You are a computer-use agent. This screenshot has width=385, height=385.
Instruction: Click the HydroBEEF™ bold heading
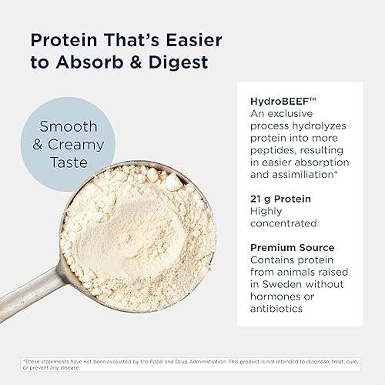point(279,101)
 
